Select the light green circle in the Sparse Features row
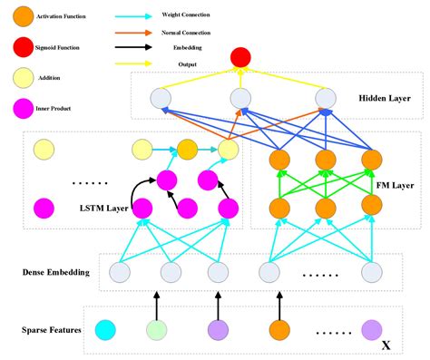pyautogui.click(x=157, y=329)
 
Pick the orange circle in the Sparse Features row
pyautogui.click(x=277, y=329)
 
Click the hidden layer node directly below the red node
pyautogui.click(x=240, y=98)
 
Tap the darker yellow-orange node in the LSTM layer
pyautogui.click(x=187, y=146)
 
